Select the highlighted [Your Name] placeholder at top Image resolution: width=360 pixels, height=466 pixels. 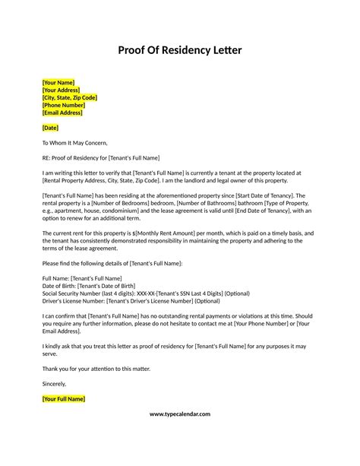[x=58, y=82]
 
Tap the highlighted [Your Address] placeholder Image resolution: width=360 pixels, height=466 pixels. [x=62, y=90]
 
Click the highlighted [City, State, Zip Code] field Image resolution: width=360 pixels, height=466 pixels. [x=70, y=98]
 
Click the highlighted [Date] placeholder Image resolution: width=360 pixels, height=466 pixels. [x=50, y=128]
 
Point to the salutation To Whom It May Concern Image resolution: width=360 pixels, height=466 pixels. [x=81, y=143]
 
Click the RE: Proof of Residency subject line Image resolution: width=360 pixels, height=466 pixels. [x=101, y=157]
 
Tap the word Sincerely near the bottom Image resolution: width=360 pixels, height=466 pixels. [x=55, y=383]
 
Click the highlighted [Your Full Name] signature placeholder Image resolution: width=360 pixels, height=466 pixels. [x=64, y=398]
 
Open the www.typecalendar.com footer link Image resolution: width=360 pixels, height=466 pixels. [x=180, y=414]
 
